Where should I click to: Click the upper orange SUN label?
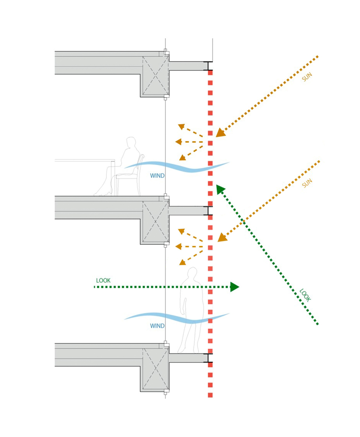click(x=308, y=77)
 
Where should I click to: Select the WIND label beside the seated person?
click(x=157, y=176)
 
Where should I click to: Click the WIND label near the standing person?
click(x=157, y=326)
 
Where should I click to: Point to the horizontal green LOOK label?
click(x=103, y=280)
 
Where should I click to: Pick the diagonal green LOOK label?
click(x=305, y=295)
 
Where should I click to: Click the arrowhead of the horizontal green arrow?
click(x=234, y=287)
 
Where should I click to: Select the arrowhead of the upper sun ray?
click(x=220, y=132)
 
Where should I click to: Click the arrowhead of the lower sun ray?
click(x=222, y=237)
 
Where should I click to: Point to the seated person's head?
click(x=131, y=143)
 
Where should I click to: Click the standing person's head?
click(x=192, y=274)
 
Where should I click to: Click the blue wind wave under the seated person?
click(x=177, y=166)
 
